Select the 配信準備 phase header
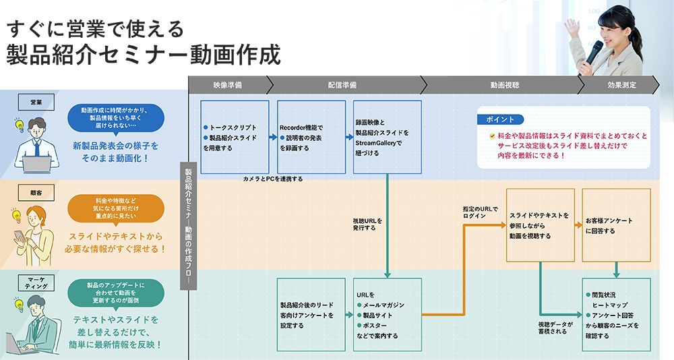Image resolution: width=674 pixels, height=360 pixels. pyautogui.click(x=342, y=85)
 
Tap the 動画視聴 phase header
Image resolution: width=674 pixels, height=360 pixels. pyautogui.click(x=504, y=85)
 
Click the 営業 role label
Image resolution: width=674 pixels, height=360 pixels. pyautogui.click(x=36, y=102)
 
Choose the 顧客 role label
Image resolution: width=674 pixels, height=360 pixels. pyautogui.click(x=36, y=193)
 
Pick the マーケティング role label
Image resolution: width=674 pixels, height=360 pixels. pyautogui.click(x=36, y=282)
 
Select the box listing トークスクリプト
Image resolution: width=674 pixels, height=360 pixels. pyautogui.click(x=235, y=137)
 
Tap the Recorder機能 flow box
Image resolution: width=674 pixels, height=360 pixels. pyautogui.click(x=311, y=137)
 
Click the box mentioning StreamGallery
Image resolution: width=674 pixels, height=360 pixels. pyautogui.click(x=387, y=137)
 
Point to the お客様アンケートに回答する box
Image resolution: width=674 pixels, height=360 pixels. pyautogui.click(x=616, y=225)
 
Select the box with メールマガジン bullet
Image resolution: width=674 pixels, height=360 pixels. pyautogui.click(x=387, y=314)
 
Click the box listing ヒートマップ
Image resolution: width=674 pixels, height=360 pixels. pyautogui.click(x=616, y=314)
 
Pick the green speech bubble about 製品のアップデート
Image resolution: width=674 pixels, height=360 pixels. pyautogui.click(x=115, y=293)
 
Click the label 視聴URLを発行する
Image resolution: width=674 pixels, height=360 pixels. pyautogui.click(x=367, y=224)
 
